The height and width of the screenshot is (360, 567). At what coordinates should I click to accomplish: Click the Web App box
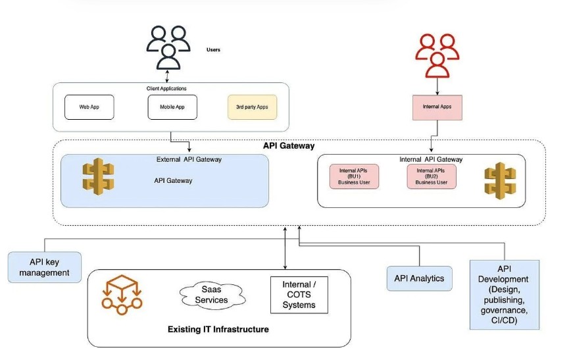pos(89,107)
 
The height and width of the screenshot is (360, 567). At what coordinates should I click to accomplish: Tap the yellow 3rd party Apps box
pos(252,107)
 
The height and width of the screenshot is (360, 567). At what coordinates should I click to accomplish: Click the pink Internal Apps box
pos(437,106)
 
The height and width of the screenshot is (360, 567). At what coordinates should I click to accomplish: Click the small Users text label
pos(213,49)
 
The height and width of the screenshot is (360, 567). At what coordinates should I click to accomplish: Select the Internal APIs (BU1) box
pos(354,176)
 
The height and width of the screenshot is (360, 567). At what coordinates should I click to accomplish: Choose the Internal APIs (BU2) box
pos(431,176)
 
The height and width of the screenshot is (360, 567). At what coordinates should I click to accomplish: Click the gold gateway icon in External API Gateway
pos(98,178)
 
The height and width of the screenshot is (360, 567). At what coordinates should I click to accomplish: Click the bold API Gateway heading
pos(289,146)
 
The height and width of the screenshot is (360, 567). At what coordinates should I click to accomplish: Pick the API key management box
pos(44,267)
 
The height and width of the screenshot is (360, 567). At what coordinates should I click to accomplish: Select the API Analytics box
pos(418,278)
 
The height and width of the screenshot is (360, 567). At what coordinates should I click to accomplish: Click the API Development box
pos(505,294)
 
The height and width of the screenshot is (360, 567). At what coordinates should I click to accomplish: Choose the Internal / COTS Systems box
pos(299,295)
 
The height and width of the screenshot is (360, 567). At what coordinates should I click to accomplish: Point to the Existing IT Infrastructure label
pos(218,329)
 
